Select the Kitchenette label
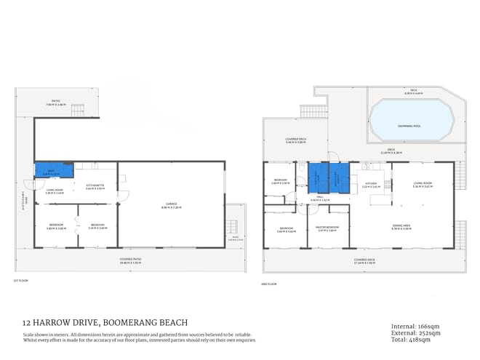[x=95, y=186]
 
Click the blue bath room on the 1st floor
[x=54, y=170]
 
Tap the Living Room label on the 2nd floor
[x=423, y=184]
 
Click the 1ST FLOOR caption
[x=20, y=281]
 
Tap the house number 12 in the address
[x=27, y=322]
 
